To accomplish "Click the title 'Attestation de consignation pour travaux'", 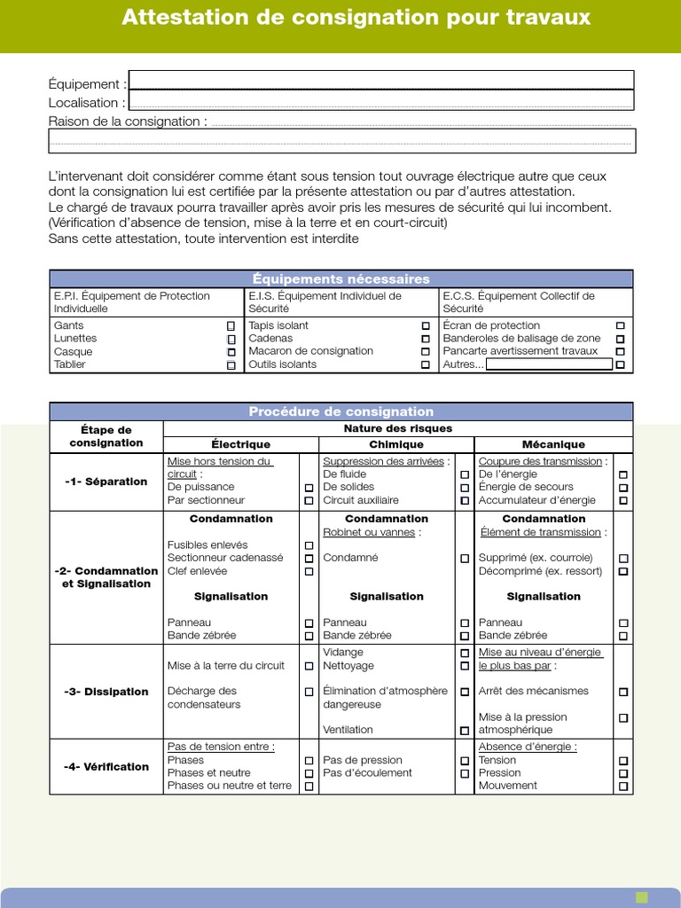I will click(356, 18).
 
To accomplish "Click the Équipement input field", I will click(381, 81).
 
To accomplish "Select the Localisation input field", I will click(381, 101).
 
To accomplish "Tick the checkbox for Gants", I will click(231, 326).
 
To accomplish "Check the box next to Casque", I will click(231, 352).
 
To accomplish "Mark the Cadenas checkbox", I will click(426, 339).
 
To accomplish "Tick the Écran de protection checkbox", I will click(620, 326).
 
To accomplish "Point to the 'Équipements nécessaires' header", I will click(341, 279).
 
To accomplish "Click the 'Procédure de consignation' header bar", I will click(341, 411).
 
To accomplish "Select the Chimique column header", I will click(396, 444).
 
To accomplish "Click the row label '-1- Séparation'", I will click(106, 481).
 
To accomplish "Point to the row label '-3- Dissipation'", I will click(106, 692).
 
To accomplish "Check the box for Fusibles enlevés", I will click(309, 545).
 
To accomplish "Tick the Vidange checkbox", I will click(464, 653).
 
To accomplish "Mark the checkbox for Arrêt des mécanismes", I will click(623, 692).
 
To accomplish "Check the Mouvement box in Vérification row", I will click(623, 787).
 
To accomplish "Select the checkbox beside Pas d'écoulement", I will click(464, 773).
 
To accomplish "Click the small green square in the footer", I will click(642, 897).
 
